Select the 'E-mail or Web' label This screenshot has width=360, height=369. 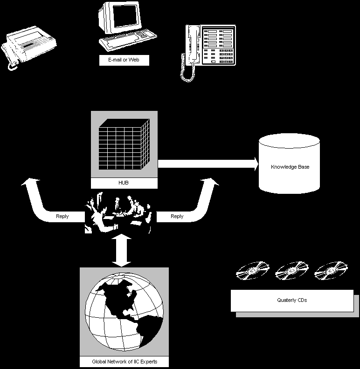[x=124, y=60]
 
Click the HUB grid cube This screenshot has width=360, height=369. [x=124, y=145]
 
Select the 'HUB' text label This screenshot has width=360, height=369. [x=124, y=183]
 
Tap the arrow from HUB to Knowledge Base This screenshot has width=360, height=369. [x=208, y=164]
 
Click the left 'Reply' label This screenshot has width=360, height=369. [x=62, y=216]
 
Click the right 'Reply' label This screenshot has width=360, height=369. [x=177, y=216]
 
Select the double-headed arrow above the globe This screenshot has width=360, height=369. [x=121, y=251]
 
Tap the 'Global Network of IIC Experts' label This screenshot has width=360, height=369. [x=124, y=362]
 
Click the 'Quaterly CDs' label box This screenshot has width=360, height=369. [x=292, y=301]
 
